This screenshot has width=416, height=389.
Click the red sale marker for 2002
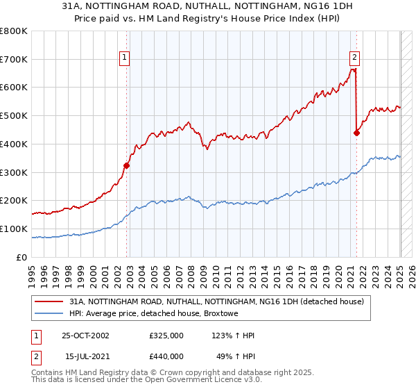click(x=127, y=165)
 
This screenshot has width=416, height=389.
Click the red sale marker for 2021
click(x=356, y=133)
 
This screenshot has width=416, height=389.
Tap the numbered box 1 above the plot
click(x=124, y=58)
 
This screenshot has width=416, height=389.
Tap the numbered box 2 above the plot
click(x=354, y=58)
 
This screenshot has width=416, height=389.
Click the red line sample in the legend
click(x=49, y=301)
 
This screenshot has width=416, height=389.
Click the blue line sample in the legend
click(x=49, y=313)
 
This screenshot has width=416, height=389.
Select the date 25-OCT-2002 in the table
click(x=85, y=336)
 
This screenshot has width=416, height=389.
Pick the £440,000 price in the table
click(x=166, y=356)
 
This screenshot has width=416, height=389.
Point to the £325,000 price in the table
click(x=166, y=336)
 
